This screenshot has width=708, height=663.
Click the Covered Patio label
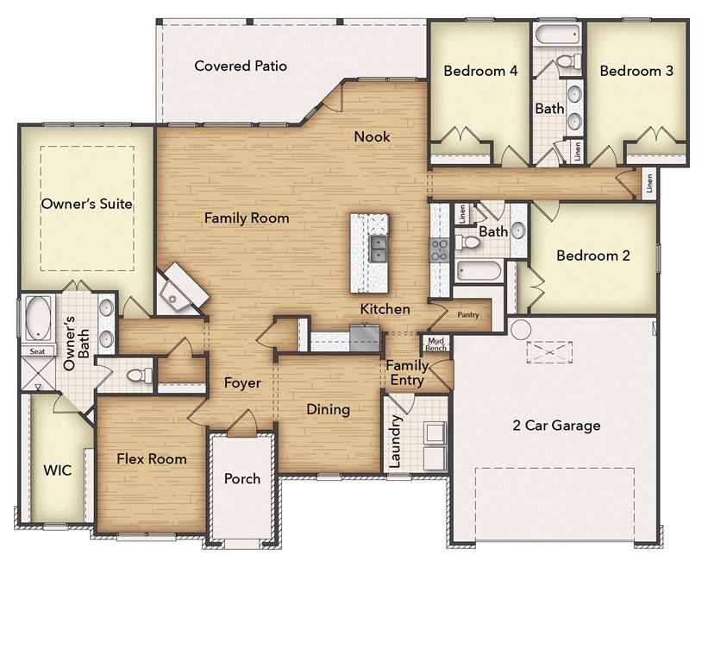click(241, 66)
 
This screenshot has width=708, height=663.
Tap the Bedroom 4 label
click(480, 71)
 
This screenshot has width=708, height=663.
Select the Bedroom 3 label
click(636, 71)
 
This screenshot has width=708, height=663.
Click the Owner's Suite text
click(87, 204)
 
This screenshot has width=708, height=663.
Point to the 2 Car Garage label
click(556, 425)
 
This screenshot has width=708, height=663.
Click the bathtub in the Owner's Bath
click(38, 318)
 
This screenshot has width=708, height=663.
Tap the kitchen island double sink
click(379, 249)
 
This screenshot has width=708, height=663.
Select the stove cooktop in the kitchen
click(439, 249)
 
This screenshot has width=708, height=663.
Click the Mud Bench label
click(435, 344)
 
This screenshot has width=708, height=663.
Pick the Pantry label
click(467, 315)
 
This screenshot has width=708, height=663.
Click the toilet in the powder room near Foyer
click(140, 376)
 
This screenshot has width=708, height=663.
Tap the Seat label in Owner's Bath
click(37, 351)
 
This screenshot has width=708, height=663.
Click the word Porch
click(242, 478)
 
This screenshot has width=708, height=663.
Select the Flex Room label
click(152, 458)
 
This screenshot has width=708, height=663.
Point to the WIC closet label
click(58, 470)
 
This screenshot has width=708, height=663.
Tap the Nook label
click(372, 136)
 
